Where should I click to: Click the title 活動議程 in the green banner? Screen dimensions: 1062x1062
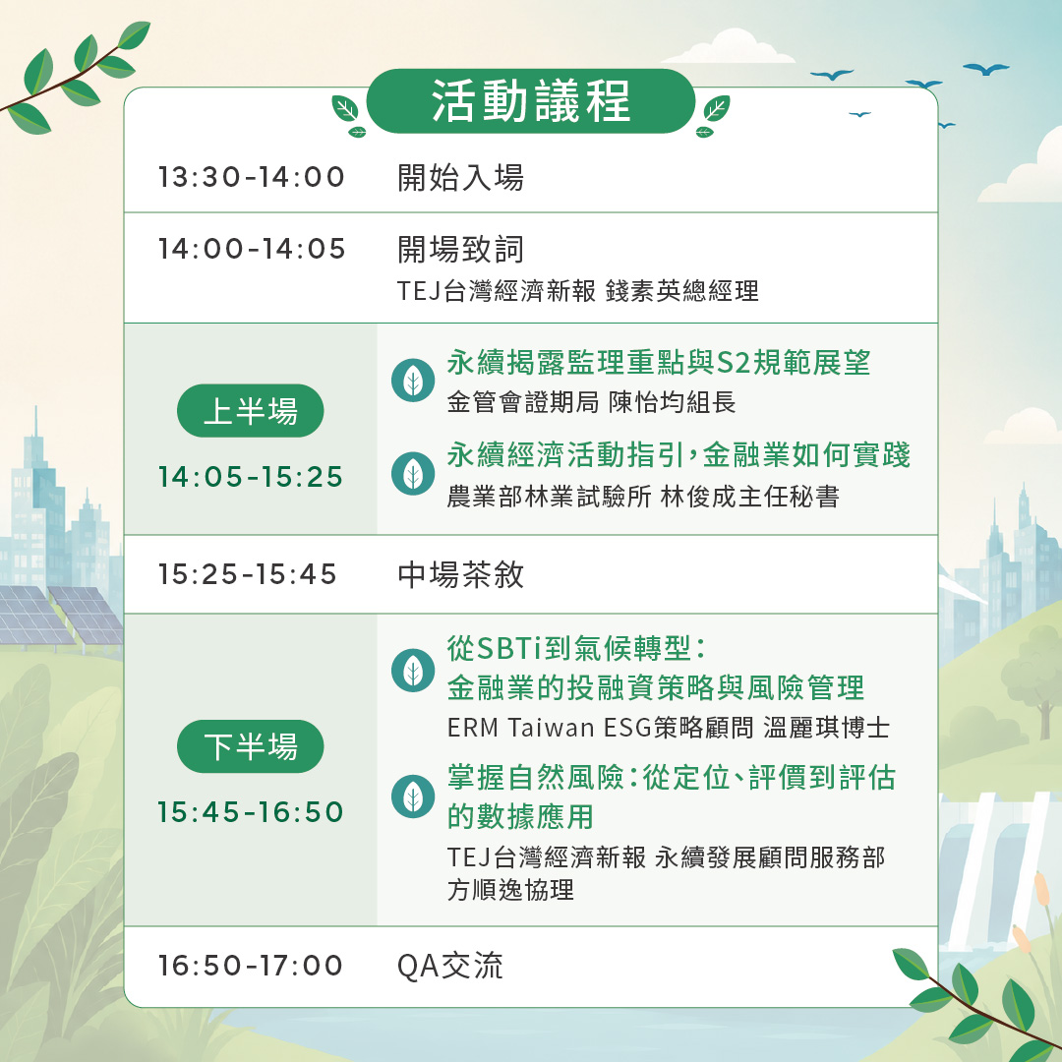tap(531, 101)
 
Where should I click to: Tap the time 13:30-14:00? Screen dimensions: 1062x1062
tap(252, 177)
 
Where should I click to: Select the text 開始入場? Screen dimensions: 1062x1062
tap(460, 177)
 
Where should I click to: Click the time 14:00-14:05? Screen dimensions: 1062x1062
tap(252, 249)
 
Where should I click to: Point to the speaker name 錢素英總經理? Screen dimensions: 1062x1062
tap(681, 291)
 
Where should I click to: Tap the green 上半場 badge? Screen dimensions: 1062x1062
tap(250, 410)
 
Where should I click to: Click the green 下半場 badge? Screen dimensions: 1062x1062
tap(250, 746)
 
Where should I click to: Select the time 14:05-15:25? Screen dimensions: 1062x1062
tap(250, 477)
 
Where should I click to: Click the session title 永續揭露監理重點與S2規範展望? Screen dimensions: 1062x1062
tap(658, 362)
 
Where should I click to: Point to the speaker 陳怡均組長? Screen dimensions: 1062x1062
tap(672, 402)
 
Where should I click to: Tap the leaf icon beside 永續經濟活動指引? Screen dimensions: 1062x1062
tap(413, 473)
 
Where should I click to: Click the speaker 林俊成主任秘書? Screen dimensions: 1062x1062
tap(749, 497)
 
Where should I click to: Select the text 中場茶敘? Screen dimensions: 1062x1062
tap(460, 574)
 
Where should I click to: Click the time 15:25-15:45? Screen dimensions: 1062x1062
tap(247, 574)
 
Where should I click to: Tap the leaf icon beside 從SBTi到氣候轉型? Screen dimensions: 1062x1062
tap(413, 671)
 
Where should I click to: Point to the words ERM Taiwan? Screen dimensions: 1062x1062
tap(521, 728)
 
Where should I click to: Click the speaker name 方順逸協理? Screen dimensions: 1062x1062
tap(510, 889)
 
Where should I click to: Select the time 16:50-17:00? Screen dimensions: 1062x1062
tap(250, 966)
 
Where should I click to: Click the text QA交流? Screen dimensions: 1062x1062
tap(449, 966)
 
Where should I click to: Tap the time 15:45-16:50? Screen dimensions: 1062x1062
tap(250, 812)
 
